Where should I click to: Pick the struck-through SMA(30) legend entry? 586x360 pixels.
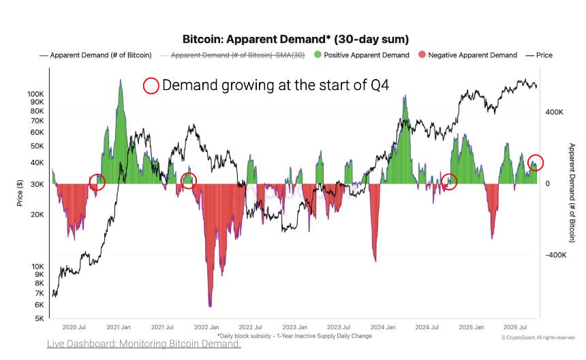pyautogui.click(x=232, y=55)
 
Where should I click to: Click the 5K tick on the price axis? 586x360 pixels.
pyautogui.click(x=39, y=318)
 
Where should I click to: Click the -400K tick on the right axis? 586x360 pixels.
pyautogui.click(x=555, y=255)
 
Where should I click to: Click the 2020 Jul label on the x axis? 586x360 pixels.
pyautogui.click(x=74, y=327)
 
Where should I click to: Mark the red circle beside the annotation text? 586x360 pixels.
pyautogui.click(x=151, y=85)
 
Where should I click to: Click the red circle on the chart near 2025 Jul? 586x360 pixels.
pyautogui.click(x=536, y=162)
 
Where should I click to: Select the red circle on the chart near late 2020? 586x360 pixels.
pyautogui.click(x=97, y=182)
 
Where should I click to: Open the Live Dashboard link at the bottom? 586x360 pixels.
pyautogui.click(x=144, y=344)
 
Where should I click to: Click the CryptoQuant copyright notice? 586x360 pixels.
pyautogui.click(x=538, y=337)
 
